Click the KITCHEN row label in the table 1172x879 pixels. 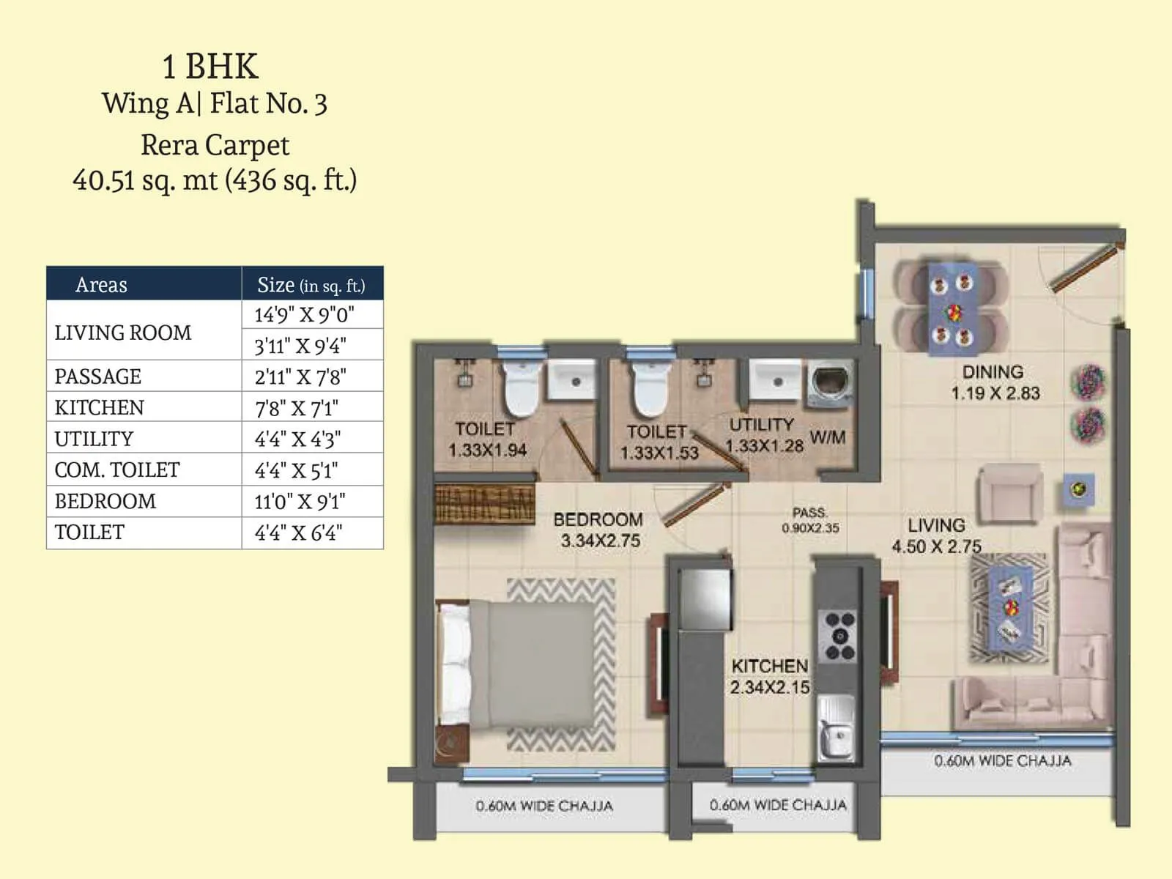[100, 407]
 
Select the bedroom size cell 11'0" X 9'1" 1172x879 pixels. [300, 502]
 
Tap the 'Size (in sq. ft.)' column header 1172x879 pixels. [311, 284]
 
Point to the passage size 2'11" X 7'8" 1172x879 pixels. [300, 377]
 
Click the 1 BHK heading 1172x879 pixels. [210, 67]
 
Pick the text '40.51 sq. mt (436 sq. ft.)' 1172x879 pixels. [215, 179]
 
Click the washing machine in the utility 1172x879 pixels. [830, 384]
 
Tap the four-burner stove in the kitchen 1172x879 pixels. [839, 636]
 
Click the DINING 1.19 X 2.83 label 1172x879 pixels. [995, 382]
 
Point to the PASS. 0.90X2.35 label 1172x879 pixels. [810, 520]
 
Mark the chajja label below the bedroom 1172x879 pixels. [544, 806]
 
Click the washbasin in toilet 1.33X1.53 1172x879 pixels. [778, 382]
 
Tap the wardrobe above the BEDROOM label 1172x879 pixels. [484, 503]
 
